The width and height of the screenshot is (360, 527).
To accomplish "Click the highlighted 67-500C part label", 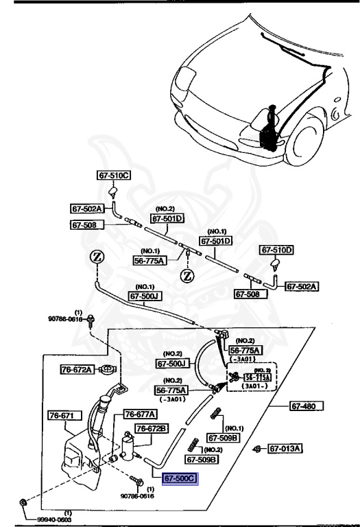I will [x=180, y=478].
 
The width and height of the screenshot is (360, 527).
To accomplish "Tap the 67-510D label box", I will [x=276, y=250].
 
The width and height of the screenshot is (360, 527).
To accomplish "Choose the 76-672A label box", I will [x=75, y=369].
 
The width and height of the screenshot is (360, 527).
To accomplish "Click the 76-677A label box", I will [x=140, y=414].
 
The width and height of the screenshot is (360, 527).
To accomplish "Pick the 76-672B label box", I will [x=151, y=428].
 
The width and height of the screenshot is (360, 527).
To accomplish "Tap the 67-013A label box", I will [x=285, y=449].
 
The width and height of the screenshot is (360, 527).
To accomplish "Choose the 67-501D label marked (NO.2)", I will [x=168, y=219].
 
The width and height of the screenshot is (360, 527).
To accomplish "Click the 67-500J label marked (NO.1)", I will [x=146, y=296].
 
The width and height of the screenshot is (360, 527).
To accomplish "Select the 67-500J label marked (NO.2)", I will [x=172, y=364].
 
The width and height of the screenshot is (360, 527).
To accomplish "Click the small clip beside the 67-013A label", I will [x=256, y=449].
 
